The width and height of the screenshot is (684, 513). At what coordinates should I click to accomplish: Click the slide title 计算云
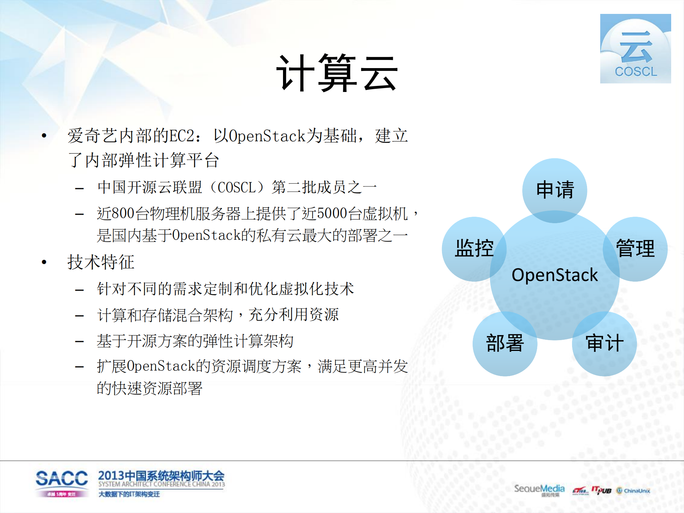(337, 73)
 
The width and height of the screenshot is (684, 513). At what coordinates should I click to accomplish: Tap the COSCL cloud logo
(635, 49)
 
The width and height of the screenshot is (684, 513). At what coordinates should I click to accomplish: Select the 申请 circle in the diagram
(555, 190)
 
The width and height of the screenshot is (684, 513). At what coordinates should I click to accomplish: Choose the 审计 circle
(605, 343)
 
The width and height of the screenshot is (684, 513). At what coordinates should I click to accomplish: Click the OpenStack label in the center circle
(555, 275)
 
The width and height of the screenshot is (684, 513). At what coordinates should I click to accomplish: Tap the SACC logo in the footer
(62, 482)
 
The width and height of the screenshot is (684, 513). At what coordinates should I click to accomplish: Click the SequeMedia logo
(539, 489)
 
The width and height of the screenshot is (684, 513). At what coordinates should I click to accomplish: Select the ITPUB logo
(601, 490)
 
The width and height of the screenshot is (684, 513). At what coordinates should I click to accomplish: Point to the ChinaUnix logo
(633, 491)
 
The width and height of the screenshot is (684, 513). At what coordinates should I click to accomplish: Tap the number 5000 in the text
(332, 214)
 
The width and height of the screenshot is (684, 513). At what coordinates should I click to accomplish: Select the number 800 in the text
(123, 214)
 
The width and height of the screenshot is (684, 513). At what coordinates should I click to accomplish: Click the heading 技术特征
(101, 262)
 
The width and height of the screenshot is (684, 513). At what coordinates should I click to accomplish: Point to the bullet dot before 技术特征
(44, 262)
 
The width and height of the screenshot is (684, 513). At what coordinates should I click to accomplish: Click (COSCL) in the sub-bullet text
(237, 188)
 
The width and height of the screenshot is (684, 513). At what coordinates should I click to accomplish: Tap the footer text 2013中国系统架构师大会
(161, 476)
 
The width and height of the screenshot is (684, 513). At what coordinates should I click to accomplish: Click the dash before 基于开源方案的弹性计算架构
(79, 342)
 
